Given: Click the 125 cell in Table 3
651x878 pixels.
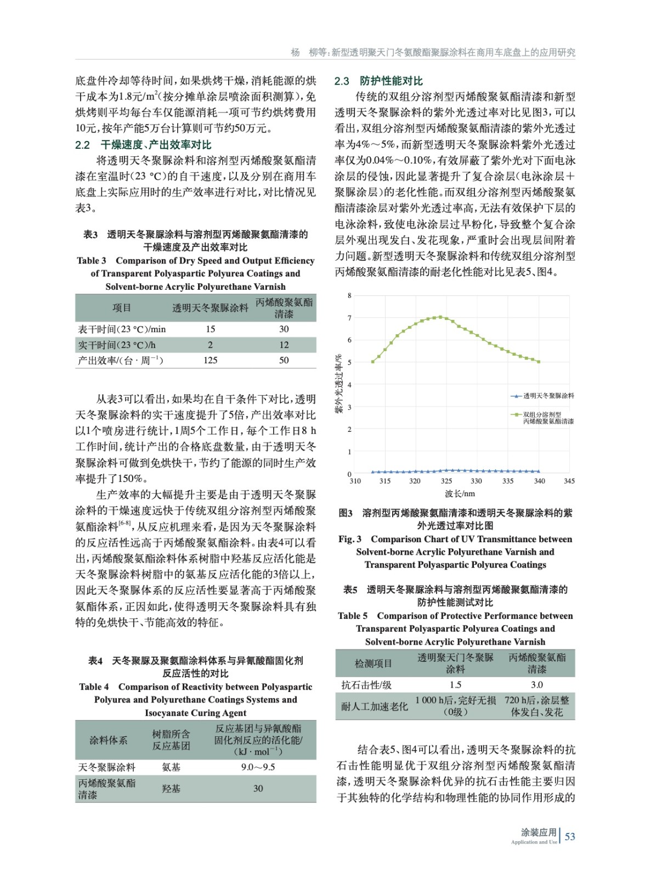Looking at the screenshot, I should (x=210, y=361).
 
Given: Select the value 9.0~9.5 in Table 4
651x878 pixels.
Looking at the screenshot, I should (x=258, y=767).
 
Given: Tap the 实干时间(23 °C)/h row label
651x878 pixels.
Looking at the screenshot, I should (x=117, y=345).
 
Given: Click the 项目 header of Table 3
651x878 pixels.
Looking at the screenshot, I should (x=122, y=308).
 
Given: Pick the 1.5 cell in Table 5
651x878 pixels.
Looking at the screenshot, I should (x=455, y=685).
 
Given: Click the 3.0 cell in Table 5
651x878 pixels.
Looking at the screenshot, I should (x=536, y=685).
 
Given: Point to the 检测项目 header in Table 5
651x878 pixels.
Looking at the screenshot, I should (x=373, y=663).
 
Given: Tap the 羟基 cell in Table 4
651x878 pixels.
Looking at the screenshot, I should (x=171, y=789).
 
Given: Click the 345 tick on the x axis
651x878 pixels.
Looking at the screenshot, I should (x=569, y=481).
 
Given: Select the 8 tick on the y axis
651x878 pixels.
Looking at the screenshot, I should (x=349, y=296).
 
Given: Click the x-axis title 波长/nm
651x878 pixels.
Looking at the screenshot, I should (x=460, y=494).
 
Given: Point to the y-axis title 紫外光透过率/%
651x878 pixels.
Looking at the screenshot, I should (x=339, y=384).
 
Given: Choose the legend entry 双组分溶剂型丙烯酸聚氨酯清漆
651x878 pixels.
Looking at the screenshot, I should (x=548, y=418).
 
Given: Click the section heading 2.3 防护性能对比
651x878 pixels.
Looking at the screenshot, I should (x=378, y=81).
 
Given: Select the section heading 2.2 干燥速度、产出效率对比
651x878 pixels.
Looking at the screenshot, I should (x=143, y=145).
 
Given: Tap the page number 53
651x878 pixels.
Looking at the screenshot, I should (x=570, y=837).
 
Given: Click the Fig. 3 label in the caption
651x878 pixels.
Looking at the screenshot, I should (x=350, y=539).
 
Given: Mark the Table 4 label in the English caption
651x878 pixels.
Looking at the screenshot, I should (x=94, y=687).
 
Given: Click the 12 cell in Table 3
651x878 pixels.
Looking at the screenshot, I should (x=284, y=345).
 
